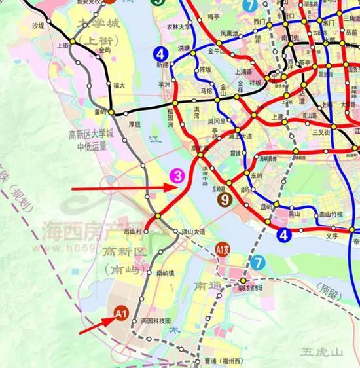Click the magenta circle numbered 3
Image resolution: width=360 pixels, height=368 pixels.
coord(177,175)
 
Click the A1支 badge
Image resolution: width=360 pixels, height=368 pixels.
coord(224,249)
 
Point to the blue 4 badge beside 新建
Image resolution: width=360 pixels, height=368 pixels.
coord(161,53)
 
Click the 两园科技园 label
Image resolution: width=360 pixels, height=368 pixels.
coord(154,320)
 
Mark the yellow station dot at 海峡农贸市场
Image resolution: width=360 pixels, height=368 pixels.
coord(243,280)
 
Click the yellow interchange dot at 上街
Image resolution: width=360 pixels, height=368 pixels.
coord(75,42)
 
